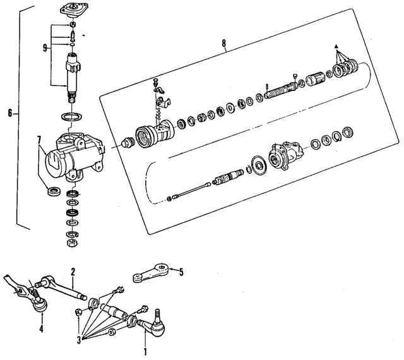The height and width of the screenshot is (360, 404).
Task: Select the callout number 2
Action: tap(73, 272)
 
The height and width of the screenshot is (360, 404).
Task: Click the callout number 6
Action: tap(9, 114)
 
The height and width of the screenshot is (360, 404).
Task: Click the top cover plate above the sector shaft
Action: tap(73, 10)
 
